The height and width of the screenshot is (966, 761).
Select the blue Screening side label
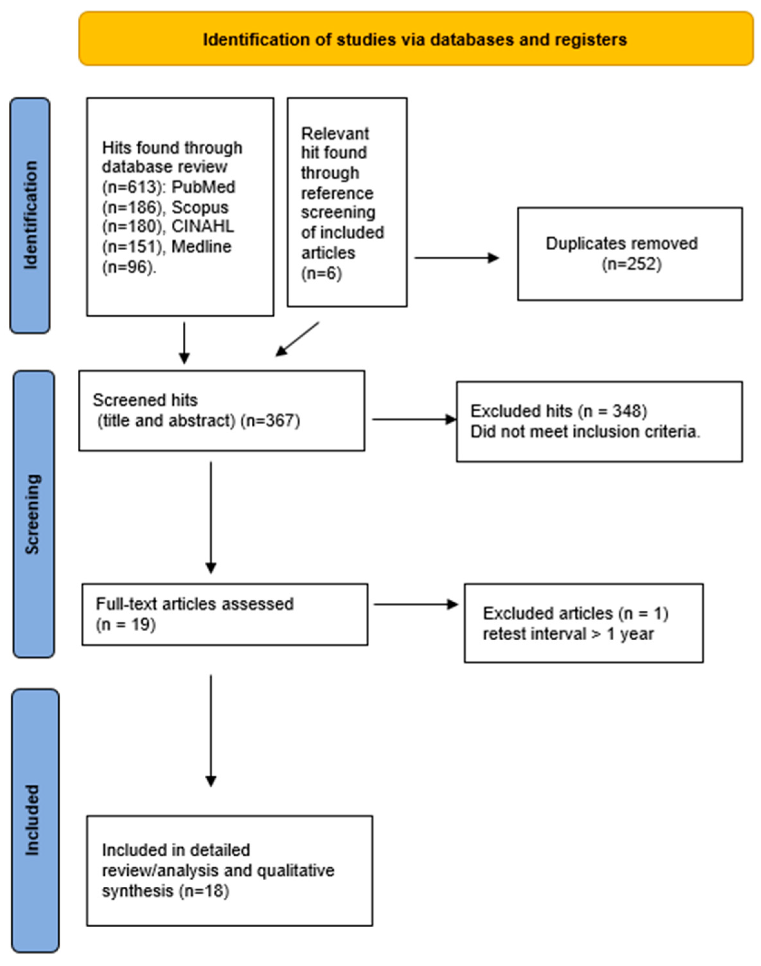point(34,514)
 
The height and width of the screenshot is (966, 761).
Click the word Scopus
point(200,208)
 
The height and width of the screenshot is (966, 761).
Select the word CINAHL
point(203,227)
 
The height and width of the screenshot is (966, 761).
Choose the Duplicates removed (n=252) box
point(629,253)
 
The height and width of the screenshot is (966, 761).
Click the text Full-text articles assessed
point(195,604)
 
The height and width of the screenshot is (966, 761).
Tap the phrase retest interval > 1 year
point(568,634)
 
